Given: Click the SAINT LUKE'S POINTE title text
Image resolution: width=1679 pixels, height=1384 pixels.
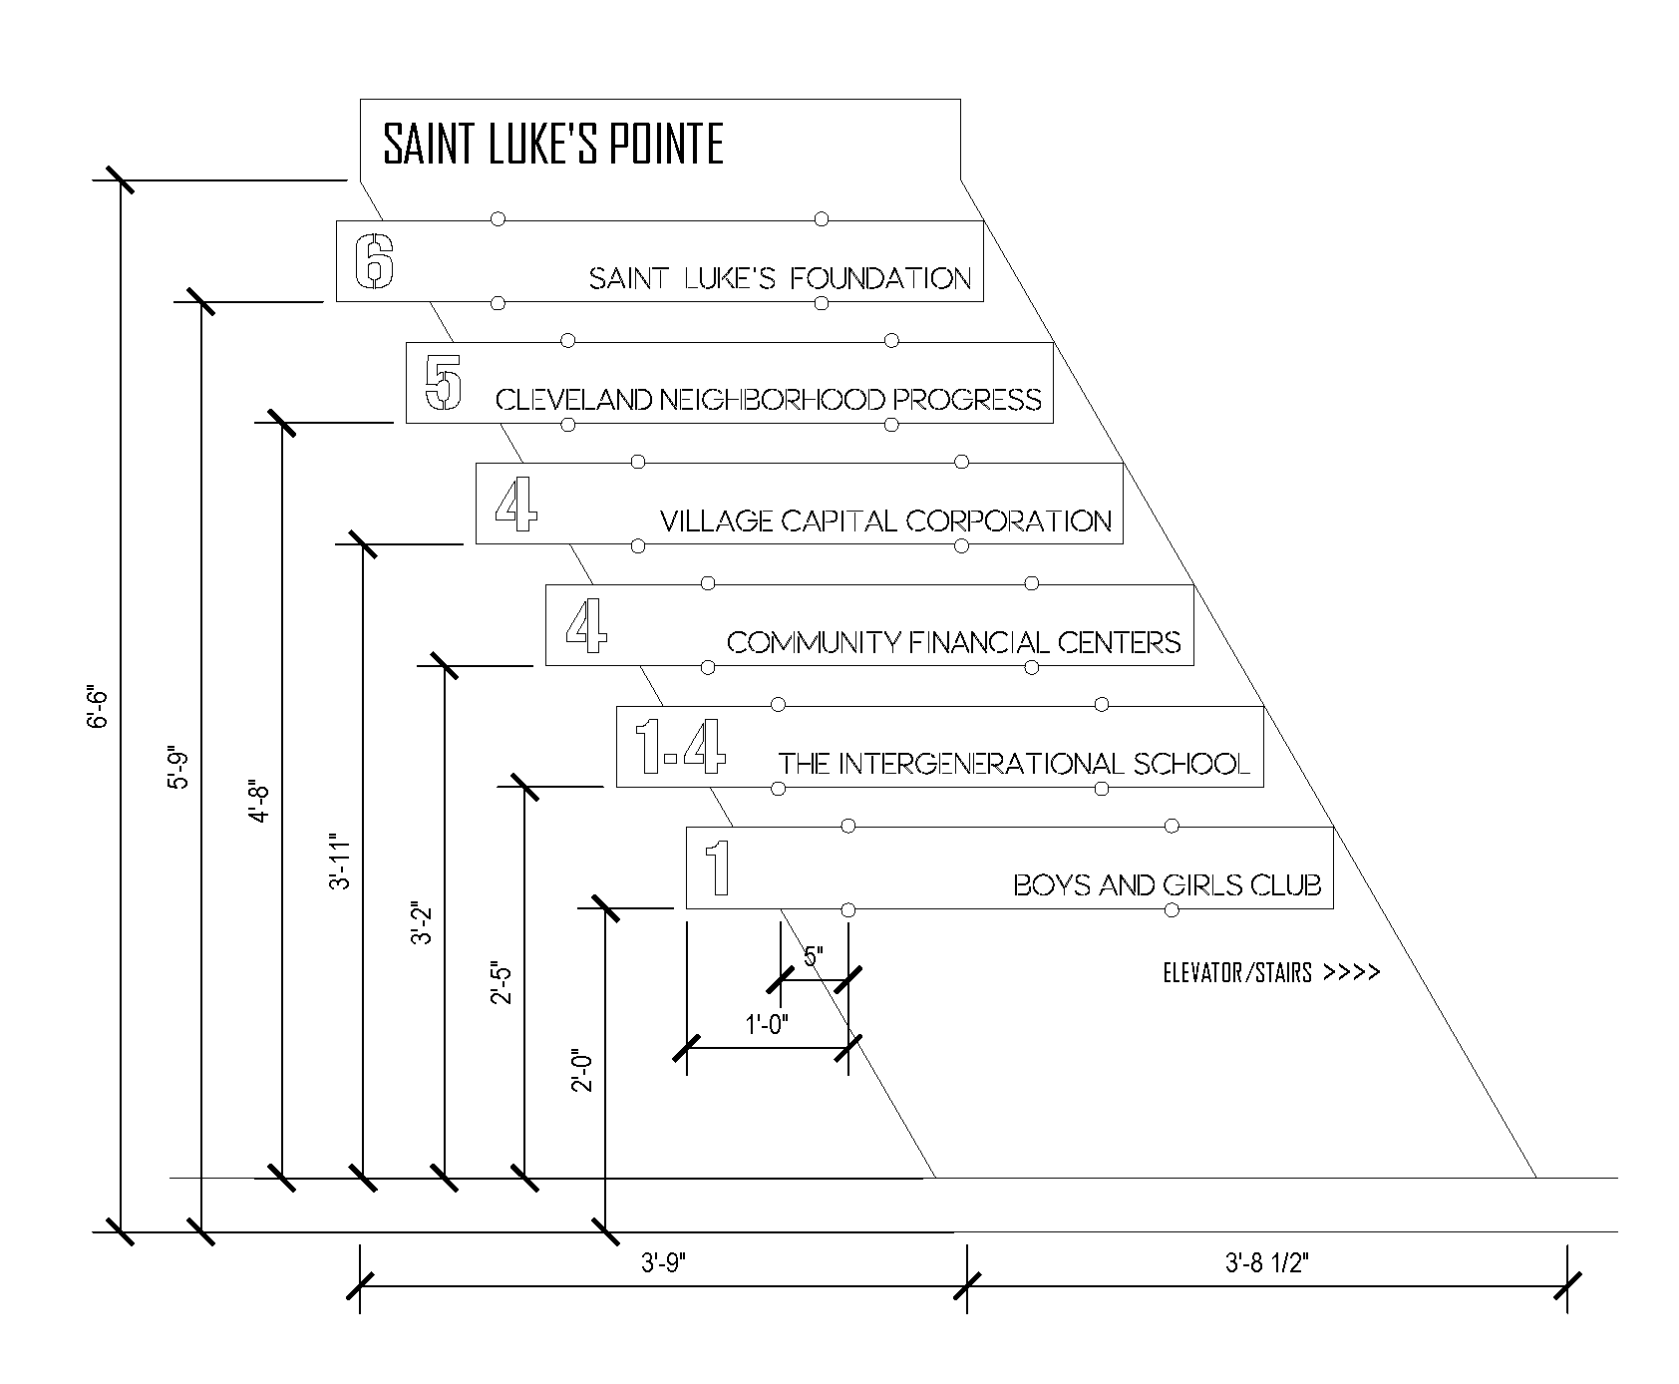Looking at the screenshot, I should (x=553, y=145).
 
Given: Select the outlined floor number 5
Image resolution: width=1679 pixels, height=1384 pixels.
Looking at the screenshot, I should (x=444, y=384).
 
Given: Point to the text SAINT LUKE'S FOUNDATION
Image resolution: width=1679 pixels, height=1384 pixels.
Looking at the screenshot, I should (x=780, y=278).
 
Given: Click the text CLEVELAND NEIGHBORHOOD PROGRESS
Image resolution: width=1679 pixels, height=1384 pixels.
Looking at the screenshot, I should (x=769, y=400).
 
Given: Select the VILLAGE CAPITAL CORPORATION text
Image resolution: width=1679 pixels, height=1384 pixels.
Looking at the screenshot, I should (x=885, y=520).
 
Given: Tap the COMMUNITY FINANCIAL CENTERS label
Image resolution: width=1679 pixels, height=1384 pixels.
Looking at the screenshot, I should (x=954, y=642).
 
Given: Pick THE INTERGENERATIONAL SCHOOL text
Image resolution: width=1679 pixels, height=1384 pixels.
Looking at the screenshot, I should (x=1014, y=764).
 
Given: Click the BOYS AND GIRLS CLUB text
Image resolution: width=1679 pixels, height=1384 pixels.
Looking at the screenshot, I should (x=1168, y=884).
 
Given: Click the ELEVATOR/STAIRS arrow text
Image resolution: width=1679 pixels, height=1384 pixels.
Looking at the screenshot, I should (x=1271, y=973).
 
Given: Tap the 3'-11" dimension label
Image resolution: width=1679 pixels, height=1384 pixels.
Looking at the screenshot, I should (x=340, y=861).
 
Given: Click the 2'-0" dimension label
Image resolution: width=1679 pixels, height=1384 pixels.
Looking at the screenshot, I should (x=583, y=1069).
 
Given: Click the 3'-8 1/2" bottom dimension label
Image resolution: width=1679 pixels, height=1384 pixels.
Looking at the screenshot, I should (x=1266, y=1264).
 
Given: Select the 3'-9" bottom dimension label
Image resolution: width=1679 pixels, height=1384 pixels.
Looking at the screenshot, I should (x=665, y=1264).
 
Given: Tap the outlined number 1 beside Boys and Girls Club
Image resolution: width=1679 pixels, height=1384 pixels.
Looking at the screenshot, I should (x=718, y=867).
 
